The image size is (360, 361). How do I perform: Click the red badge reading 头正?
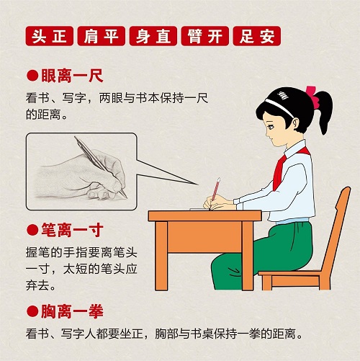(x=50, y=36)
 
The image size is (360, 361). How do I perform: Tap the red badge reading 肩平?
(x=102, y=36)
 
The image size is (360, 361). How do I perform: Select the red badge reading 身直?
(x=153, y=36)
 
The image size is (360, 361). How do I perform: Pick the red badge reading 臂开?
(x=205, y=36)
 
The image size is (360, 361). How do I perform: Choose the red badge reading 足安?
(x=257, y=36)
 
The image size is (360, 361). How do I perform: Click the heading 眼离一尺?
(x=72, y=76)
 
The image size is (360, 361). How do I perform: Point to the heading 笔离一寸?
(x=72, y=230)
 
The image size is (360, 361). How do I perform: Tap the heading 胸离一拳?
(x=72, y=311)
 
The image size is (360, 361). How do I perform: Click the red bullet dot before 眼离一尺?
(x=32, y=76)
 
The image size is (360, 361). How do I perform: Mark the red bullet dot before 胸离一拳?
(x=32, y=311)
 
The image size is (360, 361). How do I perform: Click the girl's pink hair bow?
(x=312, y=96)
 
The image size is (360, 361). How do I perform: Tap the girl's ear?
(x=296, y=124)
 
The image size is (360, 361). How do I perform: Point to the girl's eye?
(x=271, y=127)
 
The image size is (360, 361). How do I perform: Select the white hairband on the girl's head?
(x=279, y=107)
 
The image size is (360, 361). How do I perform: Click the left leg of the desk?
(x=161, y=256)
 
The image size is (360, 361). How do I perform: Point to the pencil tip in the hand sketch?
(x=125, y=197)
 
